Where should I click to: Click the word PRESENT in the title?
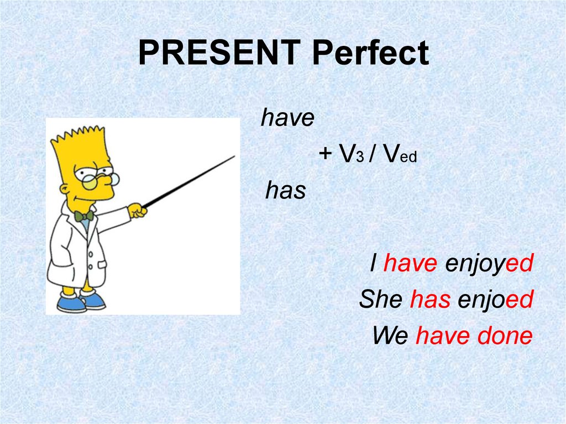click(220, 53)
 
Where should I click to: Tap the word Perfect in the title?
click(371, 53)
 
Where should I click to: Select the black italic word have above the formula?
click(287, 117)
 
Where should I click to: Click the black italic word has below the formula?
click(286, 190)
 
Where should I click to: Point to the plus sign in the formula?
click(325, 153)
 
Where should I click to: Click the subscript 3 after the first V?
click(360, 157)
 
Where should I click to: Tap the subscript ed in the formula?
click(408, 157)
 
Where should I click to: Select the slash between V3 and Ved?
click(373, 154)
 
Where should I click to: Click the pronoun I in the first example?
click(374, 263)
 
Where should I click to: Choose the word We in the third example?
click(391, 335)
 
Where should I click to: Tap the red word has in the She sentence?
click(430, 299)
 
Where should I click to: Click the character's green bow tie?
click(84, 216)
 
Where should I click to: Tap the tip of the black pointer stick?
click(234, 156)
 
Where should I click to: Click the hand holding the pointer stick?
click(138, 210)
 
